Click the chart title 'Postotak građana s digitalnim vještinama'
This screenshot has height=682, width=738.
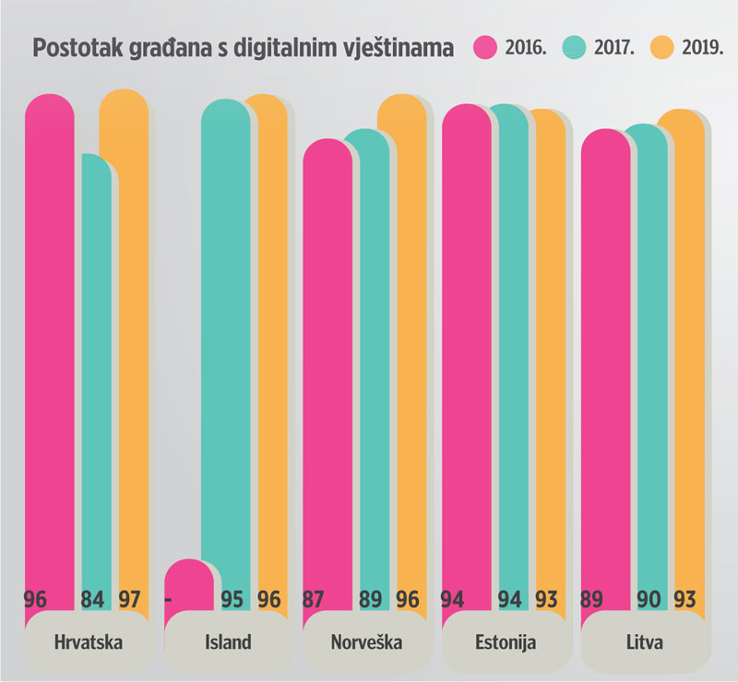(243, 48)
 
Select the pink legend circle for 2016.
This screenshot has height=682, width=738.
(485, 48)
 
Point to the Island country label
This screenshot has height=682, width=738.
(226, 641)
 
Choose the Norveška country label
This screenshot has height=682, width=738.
(364, 641)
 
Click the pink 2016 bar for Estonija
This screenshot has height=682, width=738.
(466, 350)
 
